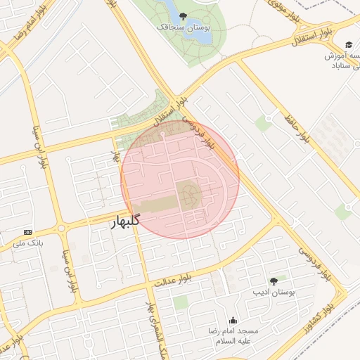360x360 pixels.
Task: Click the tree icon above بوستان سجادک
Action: point(183,15)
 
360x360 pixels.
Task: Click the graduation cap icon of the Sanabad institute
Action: point(349,44)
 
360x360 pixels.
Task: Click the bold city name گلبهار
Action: point(126,221)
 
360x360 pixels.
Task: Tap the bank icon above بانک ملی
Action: point(28,232)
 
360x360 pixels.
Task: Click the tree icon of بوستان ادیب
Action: point(274,281)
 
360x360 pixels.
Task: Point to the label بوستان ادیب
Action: point(274,291)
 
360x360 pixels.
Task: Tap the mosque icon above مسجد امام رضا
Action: point(233,320)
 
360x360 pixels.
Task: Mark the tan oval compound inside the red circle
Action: point(188,195)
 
